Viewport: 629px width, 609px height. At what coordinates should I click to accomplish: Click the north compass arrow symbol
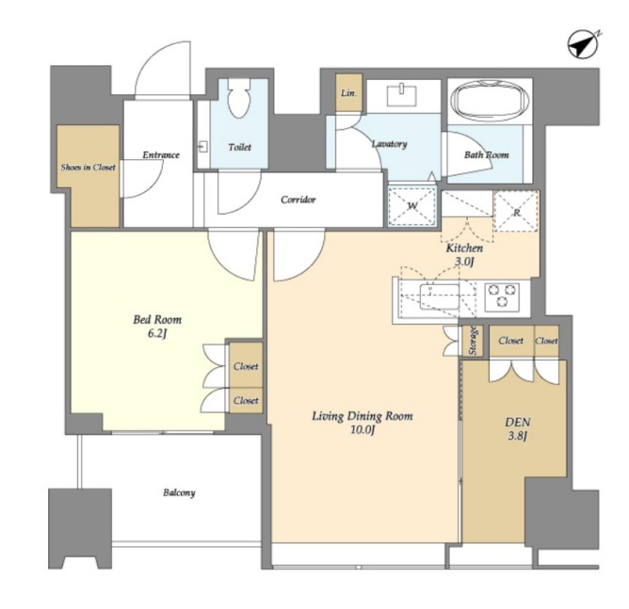click(583, 44)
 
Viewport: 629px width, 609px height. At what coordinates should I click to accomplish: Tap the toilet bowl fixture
click(238, 98)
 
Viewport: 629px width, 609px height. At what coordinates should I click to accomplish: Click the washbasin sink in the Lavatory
click(401, 96)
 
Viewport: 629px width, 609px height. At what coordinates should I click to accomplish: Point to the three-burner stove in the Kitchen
click(502, 296)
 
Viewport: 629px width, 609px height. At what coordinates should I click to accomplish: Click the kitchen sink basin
click(439, 296)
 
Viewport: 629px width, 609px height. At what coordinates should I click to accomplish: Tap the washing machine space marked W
click(412, 206)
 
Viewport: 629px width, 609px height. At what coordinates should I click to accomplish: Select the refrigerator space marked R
click(516, 211)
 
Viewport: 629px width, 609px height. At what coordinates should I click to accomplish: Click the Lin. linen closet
click(349, 92)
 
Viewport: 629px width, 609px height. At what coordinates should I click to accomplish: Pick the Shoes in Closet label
click(88, 167)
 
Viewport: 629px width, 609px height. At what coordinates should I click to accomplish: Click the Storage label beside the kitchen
click(473, 341)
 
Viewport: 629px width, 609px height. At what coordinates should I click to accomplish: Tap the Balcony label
click(179, 492)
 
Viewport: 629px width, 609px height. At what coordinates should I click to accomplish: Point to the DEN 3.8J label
click(518, 428)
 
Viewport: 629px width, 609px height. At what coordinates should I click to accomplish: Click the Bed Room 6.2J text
click(157, 326)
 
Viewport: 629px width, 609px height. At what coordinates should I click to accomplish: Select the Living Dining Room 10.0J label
click(363, 423)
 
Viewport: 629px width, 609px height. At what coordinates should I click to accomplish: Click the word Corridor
click(298, 200)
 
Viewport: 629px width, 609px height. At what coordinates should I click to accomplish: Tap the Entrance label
click(161, 154)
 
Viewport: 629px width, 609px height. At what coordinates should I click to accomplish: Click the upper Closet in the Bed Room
click(246, 365)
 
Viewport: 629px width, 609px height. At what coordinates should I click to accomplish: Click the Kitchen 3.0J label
click(464, 254)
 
